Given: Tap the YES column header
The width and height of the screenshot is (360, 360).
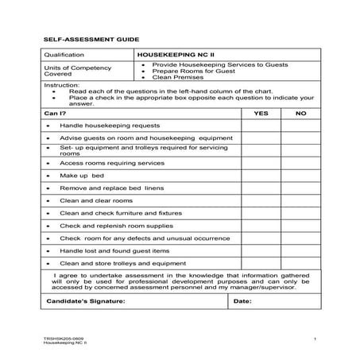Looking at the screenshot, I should pyautogui.click(x=261, y=114).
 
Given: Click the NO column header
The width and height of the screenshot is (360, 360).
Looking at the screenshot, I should pyautogui.click(x=300, y=114).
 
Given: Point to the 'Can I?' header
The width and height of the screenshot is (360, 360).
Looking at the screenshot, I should pyautogui.click(x=54, y=114).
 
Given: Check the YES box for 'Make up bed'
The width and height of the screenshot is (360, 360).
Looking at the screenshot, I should pyautogui.click(x=261, y=175).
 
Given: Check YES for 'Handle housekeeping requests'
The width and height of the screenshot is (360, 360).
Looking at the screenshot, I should pyautogui.click(x=261, y=126).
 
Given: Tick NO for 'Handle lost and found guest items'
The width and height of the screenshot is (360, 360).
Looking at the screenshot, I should pyautogui.click(x=300, y=250).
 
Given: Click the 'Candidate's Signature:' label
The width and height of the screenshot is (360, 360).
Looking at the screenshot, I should pyautogui.click(x=83, y=301).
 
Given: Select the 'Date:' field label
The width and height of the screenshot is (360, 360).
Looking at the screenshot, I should pyautogui.click(x=242, y=301).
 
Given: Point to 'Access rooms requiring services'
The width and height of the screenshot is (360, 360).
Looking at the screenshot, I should pyautogui.click(x=106, y=162).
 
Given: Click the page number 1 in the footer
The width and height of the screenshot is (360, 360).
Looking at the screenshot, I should pyautogui.click(x=315, y=339).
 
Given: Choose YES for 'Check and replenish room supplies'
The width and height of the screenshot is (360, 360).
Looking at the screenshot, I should pyautogui.click(x=261, y=225).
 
